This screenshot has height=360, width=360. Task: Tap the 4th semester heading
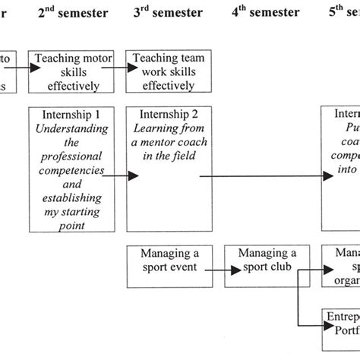click(262, 12)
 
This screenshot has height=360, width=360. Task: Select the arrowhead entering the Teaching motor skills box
click(35, 68)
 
